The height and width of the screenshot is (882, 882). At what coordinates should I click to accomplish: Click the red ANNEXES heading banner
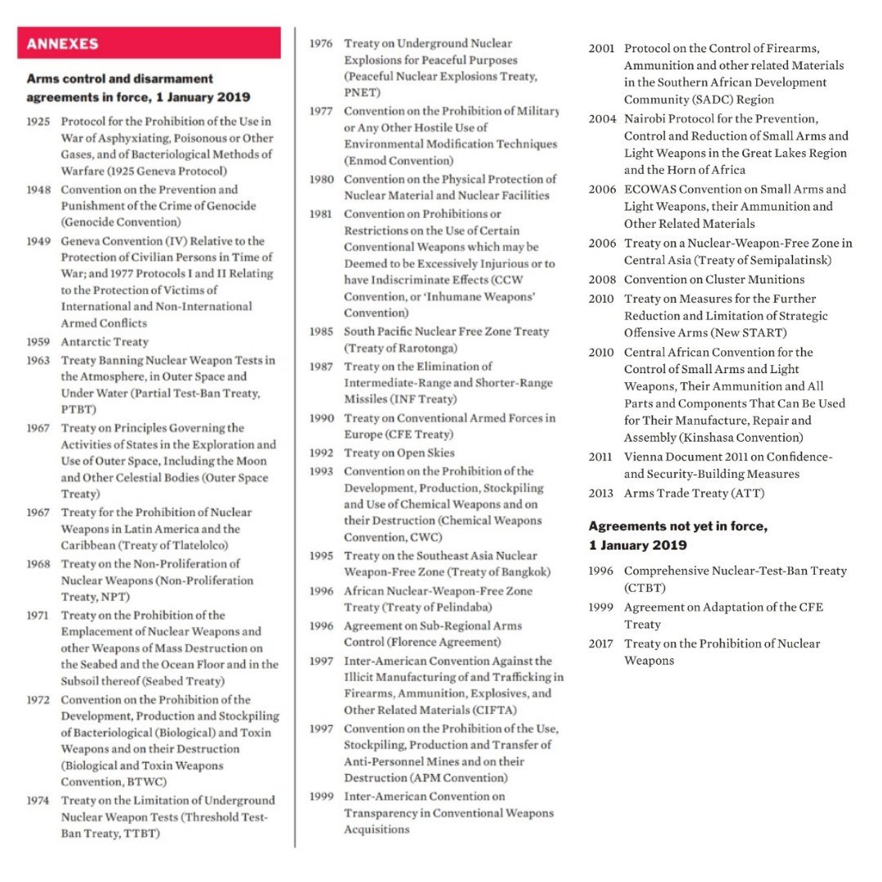click(149, 43)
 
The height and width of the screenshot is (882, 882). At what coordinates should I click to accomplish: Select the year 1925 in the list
click(38, 122)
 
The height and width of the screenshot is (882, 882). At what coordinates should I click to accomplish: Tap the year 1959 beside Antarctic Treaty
click(38, 342)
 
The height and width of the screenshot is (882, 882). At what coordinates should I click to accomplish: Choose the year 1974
click(38, 801)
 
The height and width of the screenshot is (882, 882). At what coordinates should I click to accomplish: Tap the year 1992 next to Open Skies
click(322, 453)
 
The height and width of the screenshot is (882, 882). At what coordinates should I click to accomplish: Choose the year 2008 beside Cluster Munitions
click(601, 280)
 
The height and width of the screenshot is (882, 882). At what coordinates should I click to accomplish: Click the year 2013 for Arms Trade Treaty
click(601, 493)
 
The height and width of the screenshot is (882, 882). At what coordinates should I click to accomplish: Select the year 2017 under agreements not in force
click(601, 644)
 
